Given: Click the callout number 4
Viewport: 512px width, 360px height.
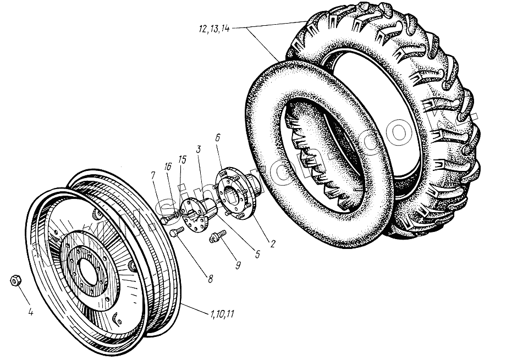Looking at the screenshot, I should coord(30,313).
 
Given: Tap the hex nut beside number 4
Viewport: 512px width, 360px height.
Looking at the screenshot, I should coord(16,280).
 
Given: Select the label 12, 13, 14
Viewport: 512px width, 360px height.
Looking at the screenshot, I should coord(212,29).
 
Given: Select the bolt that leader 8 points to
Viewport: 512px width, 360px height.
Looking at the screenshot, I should coord(175,233).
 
